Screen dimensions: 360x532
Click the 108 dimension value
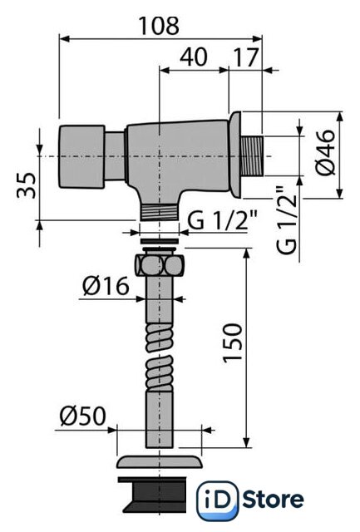tap(159, 26)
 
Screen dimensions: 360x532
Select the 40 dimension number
tap(194, 57)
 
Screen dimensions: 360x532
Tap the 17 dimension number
tap(246, 57)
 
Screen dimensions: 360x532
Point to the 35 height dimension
tap(27, 185)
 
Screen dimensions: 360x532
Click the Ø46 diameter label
tap(325, 152)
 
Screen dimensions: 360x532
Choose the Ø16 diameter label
tap(106, 286)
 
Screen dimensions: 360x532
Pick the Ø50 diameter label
tap(83, 416)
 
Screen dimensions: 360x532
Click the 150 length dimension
tap(233, 343)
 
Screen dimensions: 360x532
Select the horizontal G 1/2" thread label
tap(223, 220)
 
